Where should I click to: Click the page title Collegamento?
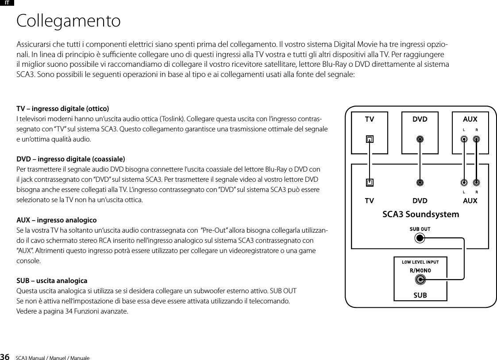pos(68,21)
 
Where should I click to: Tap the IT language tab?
pos(8,3)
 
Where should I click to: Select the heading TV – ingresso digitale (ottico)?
pos(63,109)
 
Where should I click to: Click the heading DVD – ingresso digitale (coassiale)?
pos(70,159)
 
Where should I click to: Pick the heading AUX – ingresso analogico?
pos(57,220)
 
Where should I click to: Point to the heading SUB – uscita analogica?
pos(52,281)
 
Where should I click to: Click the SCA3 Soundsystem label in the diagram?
pos(420,214)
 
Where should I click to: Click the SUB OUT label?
pos(420,229)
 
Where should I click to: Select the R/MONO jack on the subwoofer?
pos(420,280)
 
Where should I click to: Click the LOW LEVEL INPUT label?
pos(420,262)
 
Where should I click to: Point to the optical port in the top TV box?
pos(370,139)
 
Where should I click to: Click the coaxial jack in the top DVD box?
pos(420,139)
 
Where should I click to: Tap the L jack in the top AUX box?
pos(463,139)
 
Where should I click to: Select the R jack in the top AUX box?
pos(476,139)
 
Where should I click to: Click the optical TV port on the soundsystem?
pos(370,182)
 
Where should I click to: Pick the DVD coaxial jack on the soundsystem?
pos(420,182)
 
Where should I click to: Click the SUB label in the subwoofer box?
pos(420,295)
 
